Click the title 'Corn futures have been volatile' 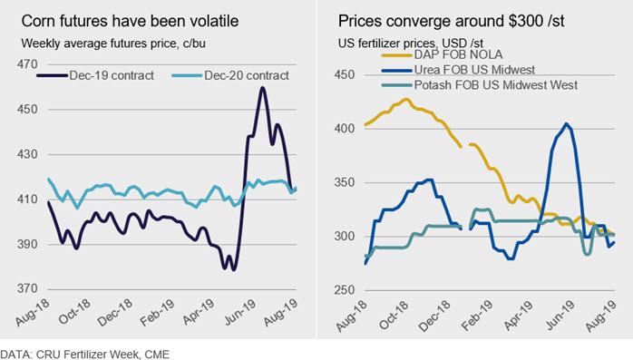coord(130,21)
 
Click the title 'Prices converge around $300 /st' coord(452,21)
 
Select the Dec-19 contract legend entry coord(96,75)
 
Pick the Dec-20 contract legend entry coord(230,75)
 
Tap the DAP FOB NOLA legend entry coord(442,54)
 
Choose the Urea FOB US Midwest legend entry coord(458,70)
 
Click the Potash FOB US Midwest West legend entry coord(480,85)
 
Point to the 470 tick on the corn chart coord(27,64)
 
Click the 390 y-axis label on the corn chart coord(27,244)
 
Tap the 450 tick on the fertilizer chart coord(345,74)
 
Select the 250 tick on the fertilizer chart coord(345,290)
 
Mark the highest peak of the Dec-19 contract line coord(263,88)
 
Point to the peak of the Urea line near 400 coord(567,124)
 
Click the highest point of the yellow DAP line coord(406,99)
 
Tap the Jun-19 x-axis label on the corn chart coord(240,312)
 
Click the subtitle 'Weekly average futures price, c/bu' coord(113,44)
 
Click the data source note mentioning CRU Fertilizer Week coord(84,355)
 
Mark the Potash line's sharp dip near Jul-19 coord(588,254)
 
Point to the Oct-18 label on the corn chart coord(74,312)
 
